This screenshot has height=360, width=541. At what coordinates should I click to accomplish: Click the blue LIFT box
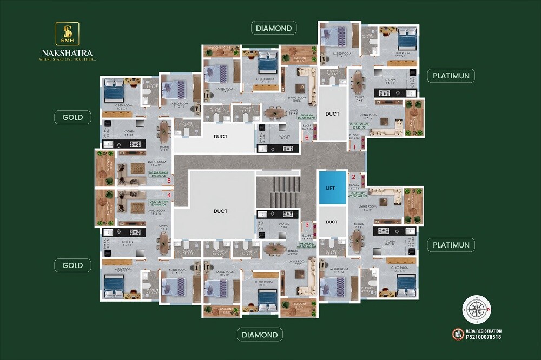pos(331,188)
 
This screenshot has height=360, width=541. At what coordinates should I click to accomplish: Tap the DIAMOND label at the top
pos(274,28)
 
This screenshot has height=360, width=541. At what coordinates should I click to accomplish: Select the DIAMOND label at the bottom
pos(259,335)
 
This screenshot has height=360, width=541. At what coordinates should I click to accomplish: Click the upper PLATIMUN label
pos(451,75)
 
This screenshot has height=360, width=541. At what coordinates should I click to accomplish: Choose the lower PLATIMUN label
pos(451,245)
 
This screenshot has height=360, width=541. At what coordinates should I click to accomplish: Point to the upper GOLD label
pos(72,117)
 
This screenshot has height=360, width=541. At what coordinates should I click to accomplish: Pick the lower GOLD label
pos(72,265)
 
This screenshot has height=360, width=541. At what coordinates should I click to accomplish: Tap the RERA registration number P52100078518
pos(483,337)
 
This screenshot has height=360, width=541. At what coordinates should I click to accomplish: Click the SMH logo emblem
pos(67,34)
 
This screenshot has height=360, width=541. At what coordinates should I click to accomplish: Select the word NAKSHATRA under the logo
pos(67,53)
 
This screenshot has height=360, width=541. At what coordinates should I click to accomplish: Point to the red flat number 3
pos(307,224)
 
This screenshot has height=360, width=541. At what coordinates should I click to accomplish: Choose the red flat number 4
pos(169,195)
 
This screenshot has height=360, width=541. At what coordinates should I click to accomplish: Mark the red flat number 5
pos(169,181)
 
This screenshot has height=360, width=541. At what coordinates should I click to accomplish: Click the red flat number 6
pos(307,138)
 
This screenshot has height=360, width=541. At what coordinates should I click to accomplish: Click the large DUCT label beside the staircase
pos(220,211)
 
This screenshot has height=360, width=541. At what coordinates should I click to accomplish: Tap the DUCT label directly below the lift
pos(332,222)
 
